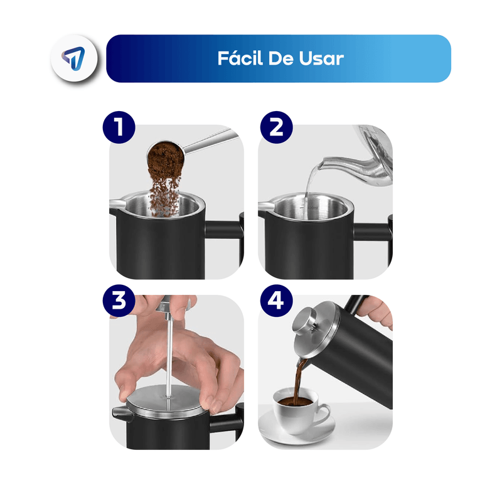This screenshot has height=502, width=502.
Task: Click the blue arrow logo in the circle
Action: coord(74,58)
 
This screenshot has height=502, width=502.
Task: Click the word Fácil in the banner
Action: coord(240,58)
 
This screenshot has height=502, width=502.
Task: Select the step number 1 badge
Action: coord(119,127)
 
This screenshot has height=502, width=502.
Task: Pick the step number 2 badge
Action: coord(276,127)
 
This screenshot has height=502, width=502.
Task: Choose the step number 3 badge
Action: coord(119,301)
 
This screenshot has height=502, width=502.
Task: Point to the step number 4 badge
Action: coord(276,301)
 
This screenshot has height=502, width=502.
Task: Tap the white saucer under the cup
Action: coord(296,428)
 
